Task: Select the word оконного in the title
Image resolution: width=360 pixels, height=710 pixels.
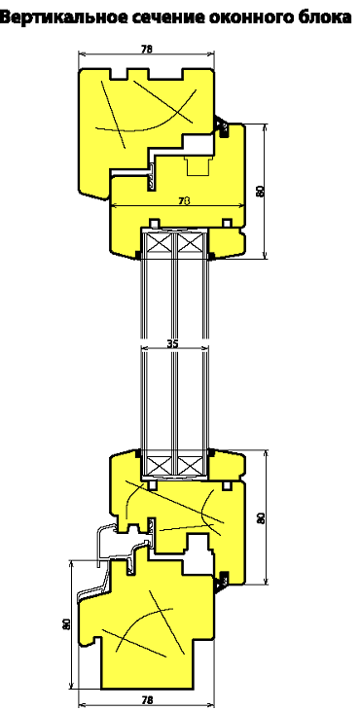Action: point(251,18)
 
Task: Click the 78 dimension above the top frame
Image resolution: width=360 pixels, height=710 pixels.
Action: point(146,50)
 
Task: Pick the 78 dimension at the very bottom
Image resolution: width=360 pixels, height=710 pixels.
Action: point(146,700)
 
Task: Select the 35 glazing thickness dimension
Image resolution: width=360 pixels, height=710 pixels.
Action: point(172,343)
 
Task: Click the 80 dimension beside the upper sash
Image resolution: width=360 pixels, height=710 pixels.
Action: point(260,191)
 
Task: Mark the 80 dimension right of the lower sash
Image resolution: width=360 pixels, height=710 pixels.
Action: point(261,517)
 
